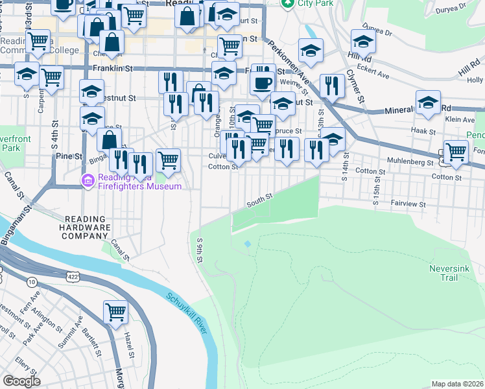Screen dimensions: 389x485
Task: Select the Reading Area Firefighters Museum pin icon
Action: tap(88, 180)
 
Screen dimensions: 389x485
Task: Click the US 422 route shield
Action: tap(72, 277)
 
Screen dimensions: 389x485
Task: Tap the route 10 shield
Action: tap(32, 281)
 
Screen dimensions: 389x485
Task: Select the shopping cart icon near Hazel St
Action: tap(116, 312)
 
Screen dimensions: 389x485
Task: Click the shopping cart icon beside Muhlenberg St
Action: tap(456, 151)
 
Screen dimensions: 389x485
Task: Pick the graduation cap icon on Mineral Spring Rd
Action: tap(428, 102)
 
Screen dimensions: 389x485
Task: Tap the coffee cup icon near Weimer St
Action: tap(263, 82)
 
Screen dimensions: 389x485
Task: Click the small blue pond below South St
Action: tap(247, 244)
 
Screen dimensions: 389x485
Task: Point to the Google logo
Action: tap(21, 381)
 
